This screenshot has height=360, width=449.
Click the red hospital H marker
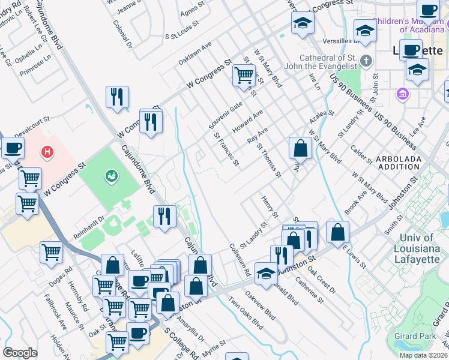(47, 153)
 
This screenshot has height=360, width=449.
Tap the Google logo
(20, 353)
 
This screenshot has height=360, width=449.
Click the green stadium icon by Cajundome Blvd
(111, 176)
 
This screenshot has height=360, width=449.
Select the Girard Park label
(415, 336)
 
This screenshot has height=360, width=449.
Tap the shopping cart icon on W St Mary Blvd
(244, 76)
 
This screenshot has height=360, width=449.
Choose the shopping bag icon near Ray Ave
(300, 148)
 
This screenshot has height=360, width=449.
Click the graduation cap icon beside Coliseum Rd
(266, 274)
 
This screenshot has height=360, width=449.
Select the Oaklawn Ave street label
(195, 53)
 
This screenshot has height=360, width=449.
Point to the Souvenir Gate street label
(225, 114)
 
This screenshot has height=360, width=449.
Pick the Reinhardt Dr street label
(89, 220)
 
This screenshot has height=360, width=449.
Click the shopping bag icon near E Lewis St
(338, 232)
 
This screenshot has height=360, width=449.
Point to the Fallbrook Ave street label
(55, 313)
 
